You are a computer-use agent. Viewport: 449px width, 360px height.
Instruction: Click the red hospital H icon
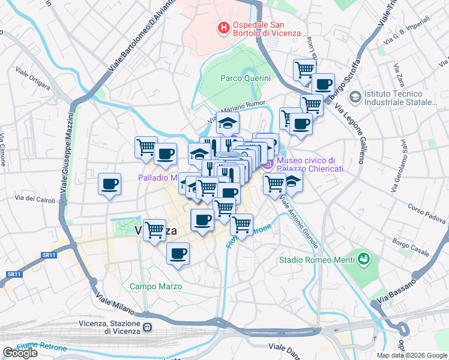pyautogui.click(x=223, y=28)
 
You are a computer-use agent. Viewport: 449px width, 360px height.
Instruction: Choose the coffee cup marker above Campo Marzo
pyautogui.click(x=178, y=253)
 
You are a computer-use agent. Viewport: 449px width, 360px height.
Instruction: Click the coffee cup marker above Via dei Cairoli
pyautogui.click(x=109, y=184)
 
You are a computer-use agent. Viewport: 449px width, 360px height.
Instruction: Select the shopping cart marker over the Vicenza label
pyautogui.click(x=155, y=229)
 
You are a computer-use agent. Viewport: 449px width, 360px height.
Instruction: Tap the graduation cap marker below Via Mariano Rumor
pyautogui.click(x=228, y=123)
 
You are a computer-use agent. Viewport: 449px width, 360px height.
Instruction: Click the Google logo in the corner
pyautogui.click(x=20, y=353)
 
